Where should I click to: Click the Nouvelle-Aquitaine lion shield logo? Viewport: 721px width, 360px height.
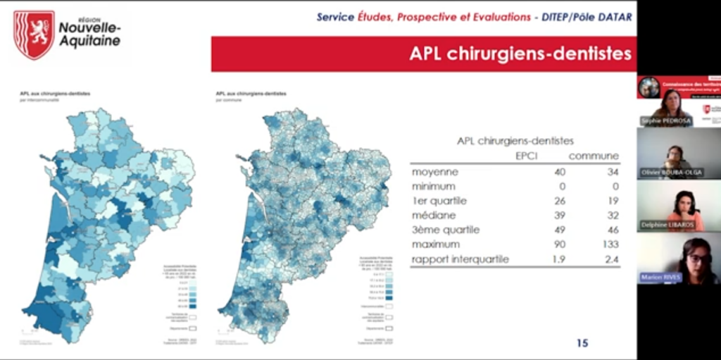(x=34, y=34)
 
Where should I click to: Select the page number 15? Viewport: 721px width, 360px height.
(x=582, y=343)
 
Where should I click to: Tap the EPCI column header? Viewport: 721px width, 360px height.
(x=526, y=156)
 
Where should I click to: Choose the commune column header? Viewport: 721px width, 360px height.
(x=594, y=156)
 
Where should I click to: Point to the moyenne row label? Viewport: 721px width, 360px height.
(x=434, y=172)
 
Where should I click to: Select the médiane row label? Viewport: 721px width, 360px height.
(x=433, y=215)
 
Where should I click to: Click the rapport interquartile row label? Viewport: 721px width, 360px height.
(x=460, y=259)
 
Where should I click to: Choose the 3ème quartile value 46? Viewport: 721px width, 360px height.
(x=611, y=230)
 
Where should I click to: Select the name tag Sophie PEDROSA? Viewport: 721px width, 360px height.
(x=665, y=121)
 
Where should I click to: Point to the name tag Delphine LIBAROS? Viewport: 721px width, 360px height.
(x=667, y=225)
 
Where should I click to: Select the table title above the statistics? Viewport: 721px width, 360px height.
(x=515, y=141)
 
